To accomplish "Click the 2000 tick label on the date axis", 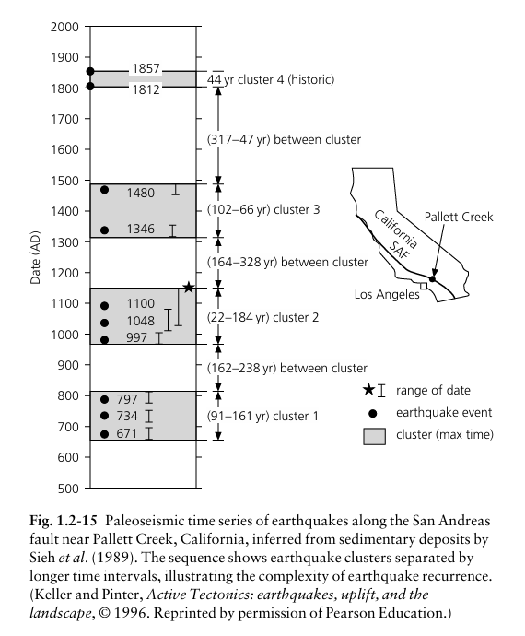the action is pyautogui.click(x=64, y=27).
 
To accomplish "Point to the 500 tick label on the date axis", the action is pyautogui.click(x=68, y=489).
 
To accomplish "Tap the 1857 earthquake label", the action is pyautogui.click(x=146, y=68).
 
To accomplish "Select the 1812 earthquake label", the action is pyautogui.click(x=146, y=89).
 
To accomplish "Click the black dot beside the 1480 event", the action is pyautogui.click(x=104, y=190).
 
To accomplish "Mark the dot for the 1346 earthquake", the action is pyautogui.click(x=104, y=230).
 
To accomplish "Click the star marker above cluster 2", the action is pyautogui.click(x=189, y=288).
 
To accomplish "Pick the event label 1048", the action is pyautogui.click(x=140, y=321).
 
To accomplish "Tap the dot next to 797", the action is pyautogui.click(x=104, y=399).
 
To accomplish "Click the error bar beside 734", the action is pyautogui.click(x=149, y=416).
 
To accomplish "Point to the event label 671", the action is pyautogui.click(x=127, y=433).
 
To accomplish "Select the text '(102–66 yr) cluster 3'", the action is pyautogui.click(x=263, y=210).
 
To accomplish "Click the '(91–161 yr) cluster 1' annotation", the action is pyautogui.click(x=262, y=416).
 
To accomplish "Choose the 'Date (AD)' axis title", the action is pyautogui.click(x=35, y=257).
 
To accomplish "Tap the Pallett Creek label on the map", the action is pyautogui.click(x=459, y=217).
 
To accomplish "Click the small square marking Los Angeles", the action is pyautogui.click(x=424, y=286).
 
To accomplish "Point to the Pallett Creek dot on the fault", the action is pyautogui.click(x=432, y=279).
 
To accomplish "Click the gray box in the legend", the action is pyautogui.click(x=374, y=436).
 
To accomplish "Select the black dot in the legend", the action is pyautogui.click(x=373, y=413).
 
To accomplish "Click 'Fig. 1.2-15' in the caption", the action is pyautogui.click(x=64, y=521).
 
